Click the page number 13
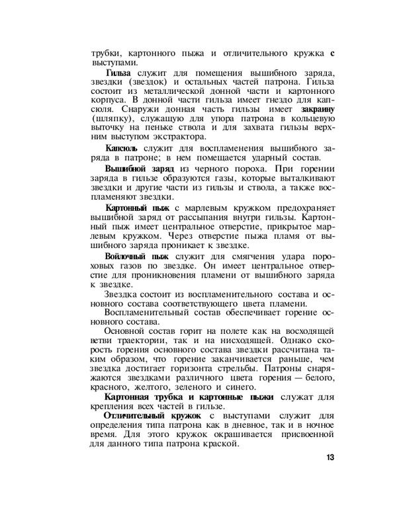pos(330,457)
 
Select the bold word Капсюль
pos(122,145)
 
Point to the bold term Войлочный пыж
pos(135,255)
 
